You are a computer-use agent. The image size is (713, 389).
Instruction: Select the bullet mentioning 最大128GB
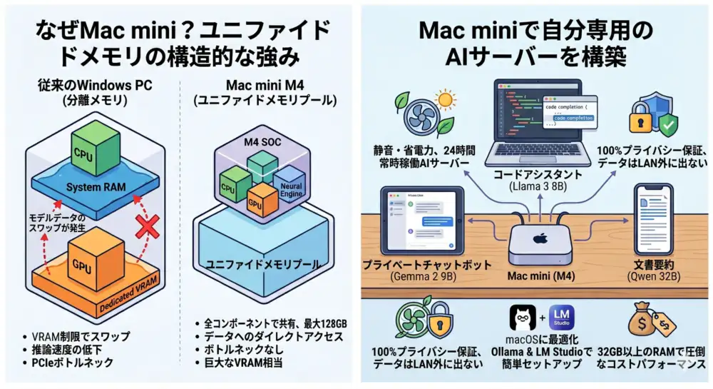[275, 323]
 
